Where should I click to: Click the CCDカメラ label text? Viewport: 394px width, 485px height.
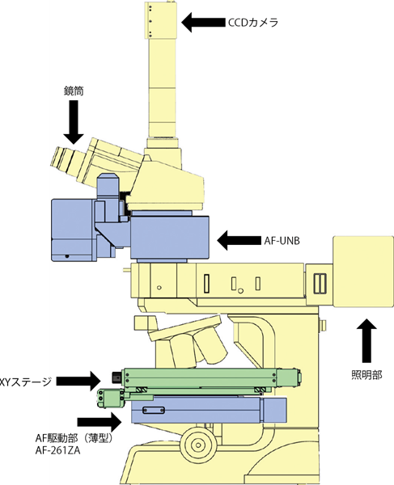[253, 23]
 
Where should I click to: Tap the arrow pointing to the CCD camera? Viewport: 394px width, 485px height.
[203, 23]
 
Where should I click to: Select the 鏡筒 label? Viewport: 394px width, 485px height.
[74, 91]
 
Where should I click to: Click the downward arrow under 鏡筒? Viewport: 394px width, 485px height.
[74, 122]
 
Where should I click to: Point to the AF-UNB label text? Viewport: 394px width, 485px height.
[282, 241]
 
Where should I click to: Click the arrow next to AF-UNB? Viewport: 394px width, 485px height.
[239, 240]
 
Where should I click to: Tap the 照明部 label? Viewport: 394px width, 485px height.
[366, 375]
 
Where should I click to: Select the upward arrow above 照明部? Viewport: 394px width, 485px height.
[366, 340]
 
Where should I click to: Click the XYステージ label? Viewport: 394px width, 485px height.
[25, 382]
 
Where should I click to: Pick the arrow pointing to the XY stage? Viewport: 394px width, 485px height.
[78, 381]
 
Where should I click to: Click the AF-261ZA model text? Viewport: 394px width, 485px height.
[58, 451]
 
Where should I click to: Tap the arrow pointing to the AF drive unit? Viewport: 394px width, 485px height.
[100, 422]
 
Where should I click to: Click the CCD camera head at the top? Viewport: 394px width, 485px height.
[161, 20]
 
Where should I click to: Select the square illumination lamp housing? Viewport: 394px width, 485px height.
[363, 272]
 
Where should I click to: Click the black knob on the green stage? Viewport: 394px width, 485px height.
[117, 377]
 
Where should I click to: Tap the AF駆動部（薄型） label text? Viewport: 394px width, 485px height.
[73, 438]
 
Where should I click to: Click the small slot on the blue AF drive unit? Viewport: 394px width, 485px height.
[153, 410]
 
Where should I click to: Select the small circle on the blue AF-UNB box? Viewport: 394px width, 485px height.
[66, 256]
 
